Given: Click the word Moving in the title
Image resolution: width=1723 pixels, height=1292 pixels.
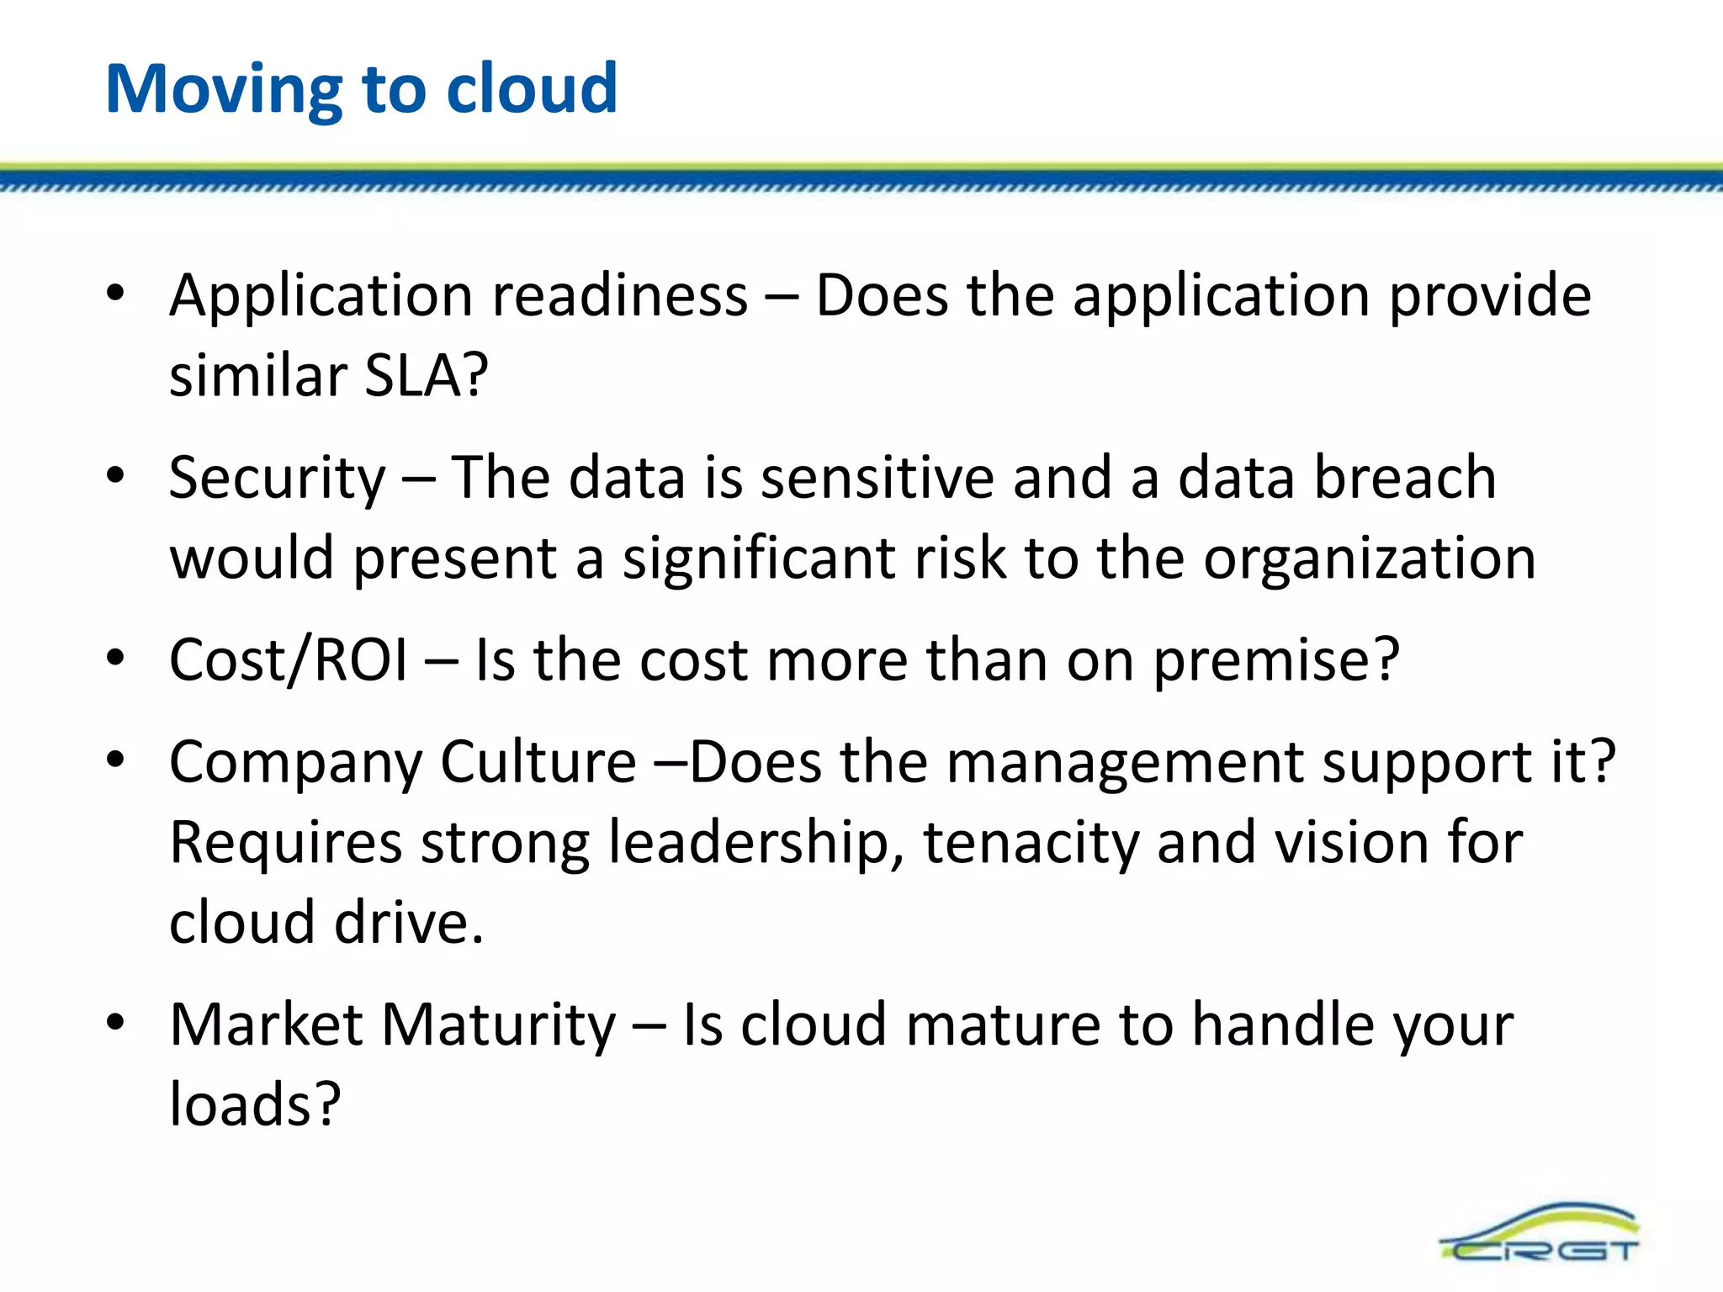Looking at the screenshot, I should pos(224,89).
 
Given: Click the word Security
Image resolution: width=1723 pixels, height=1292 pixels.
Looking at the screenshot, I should pos(277,478).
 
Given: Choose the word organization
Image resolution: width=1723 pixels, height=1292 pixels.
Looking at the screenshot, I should pos(1370,559).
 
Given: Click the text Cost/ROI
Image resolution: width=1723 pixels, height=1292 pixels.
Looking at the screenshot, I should pos(289,659).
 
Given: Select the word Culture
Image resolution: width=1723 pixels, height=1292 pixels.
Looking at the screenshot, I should pos(538,762).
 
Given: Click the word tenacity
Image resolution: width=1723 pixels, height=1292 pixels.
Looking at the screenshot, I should pos(1031,843).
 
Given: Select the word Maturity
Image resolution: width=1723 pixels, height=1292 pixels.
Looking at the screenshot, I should pos(499,1025).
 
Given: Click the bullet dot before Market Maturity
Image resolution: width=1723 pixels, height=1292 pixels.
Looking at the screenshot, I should pos(115,1022).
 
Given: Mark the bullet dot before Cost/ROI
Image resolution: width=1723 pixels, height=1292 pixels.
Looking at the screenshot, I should pos(115,657).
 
